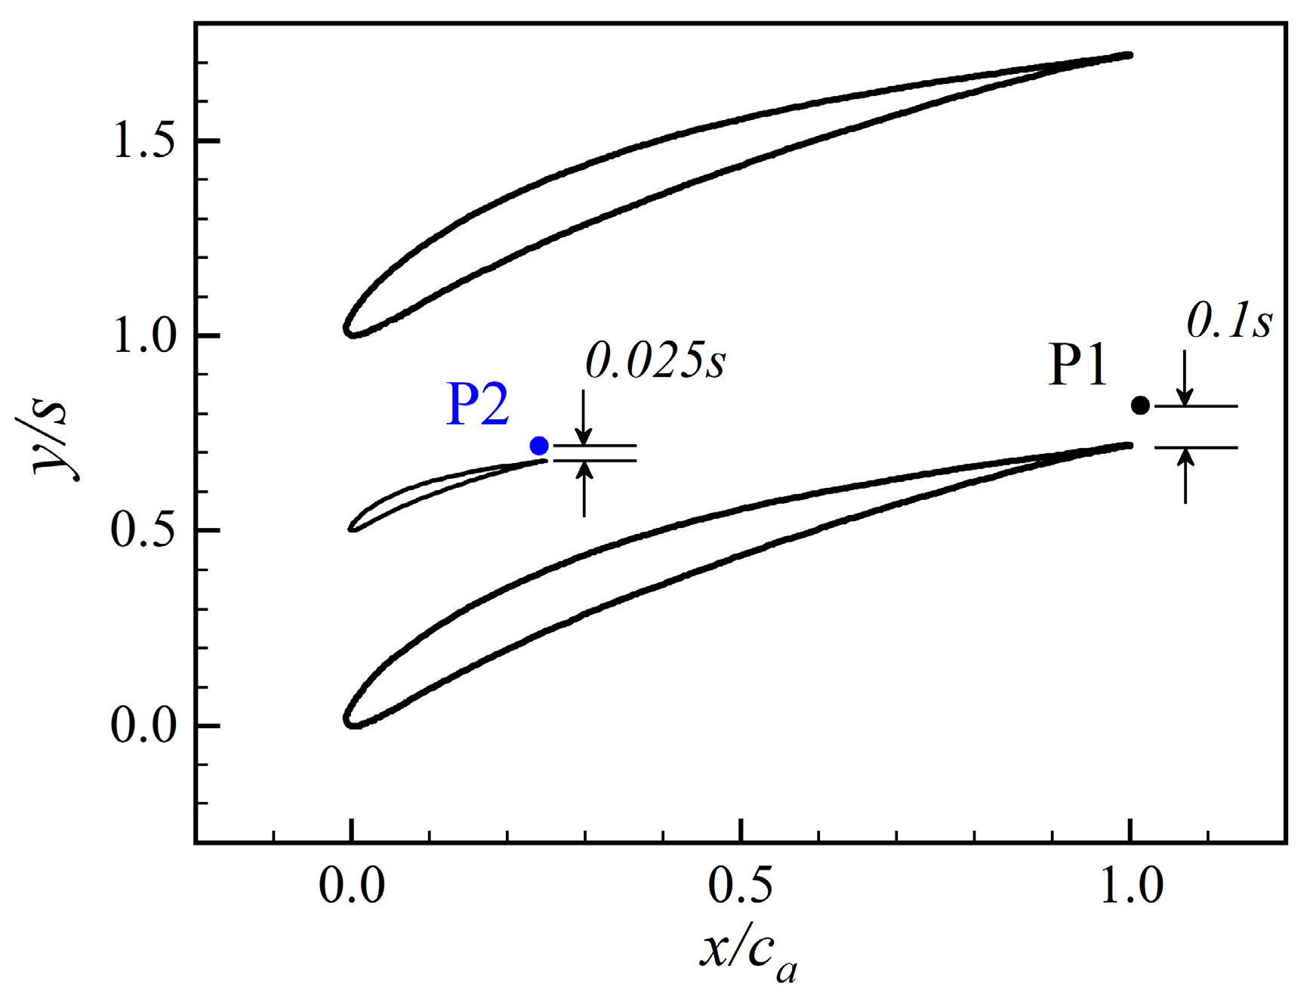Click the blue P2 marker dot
pyautogui.click(x=539, y=446)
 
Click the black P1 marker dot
pyautogui.click(x=1140, y=406)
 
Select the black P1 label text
pyautogui.click(x=1078, y=366)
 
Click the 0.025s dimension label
pyautogui.click(x=655, y=361)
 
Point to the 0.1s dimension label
pyautogui.click(x=1229, y=322)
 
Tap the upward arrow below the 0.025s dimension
pyautogui.click(x=584, y=488)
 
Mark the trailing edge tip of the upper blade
pyautogui.click(x=1130, y=54)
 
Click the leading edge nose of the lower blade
pyautogui.click(x=347, y=719)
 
